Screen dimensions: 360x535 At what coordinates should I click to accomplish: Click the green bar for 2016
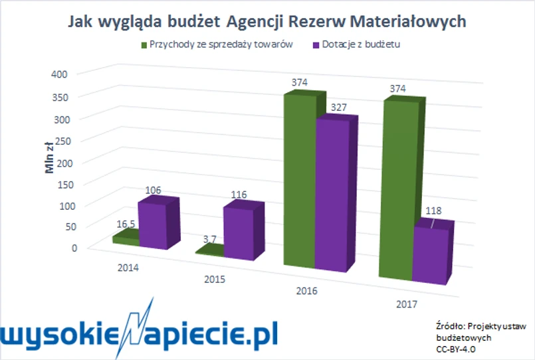click(x=300, y=186)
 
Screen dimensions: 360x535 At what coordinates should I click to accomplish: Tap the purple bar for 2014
click(x=152, y=226)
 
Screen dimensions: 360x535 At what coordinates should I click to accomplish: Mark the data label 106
click(x=152, y=191)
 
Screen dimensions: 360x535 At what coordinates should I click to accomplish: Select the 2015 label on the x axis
click(x=215, y=279)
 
